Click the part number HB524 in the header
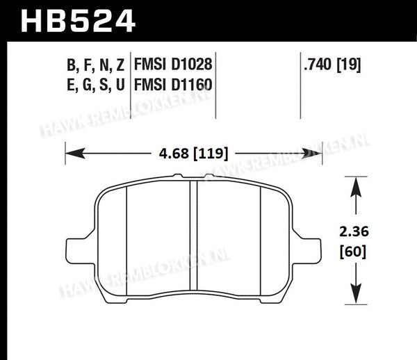tap(78, 21)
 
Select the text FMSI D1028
tap(173, 65)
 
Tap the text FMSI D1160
tap(173, 85)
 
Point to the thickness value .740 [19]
tap(332, 65)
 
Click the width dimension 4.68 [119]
tap(194, 154)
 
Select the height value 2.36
tap(354, 231)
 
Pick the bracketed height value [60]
tap(353, 251)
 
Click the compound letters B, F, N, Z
tap(95, 65)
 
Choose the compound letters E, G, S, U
tap(95, 85)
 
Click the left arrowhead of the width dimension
tap(75, 154)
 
